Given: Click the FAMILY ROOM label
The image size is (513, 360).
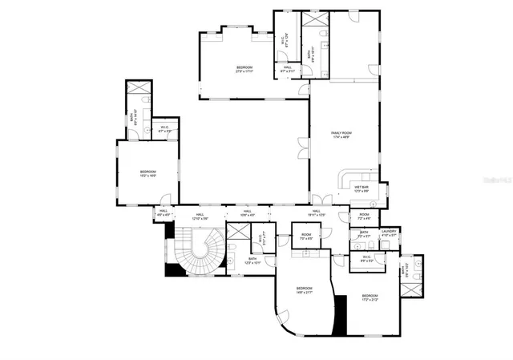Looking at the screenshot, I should click(x=342, y=135).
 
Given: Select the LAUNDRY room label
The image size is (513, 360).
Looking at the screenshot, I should click(x=389, y=234).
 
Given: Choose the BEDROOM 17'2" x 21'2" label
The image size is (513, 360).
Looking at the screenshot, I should click(x=369, y=297).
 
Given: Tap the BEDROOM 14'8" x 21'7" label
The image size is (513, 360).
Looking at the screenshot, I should click(x=304, y=290).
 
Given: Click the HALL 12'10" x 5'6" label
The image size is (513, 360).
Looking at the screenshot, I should click(x=200, y=216).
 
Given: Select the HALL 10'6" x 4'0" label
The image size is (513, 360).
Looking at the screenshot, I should click(x=248, y=213).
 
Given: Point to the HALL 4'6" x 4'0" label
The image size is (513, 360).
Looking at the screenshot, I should click(x=164, y=213).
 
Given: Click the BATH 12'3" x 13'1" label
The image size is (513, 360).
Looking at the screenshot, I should click(x=252, y=261).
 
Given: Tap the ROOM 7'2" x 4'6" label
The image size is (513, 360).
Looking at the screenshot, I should click(x=364, y=216).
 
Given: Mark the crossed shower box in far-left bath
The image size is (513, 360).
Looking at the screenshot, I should click(x=138, y=88).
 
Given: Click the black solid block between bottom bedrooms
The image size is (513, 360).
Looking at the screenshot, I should click(x=341, y=315).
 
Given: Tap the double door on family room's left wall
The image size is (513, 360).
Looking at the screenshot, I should click(x=303, y=148).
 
